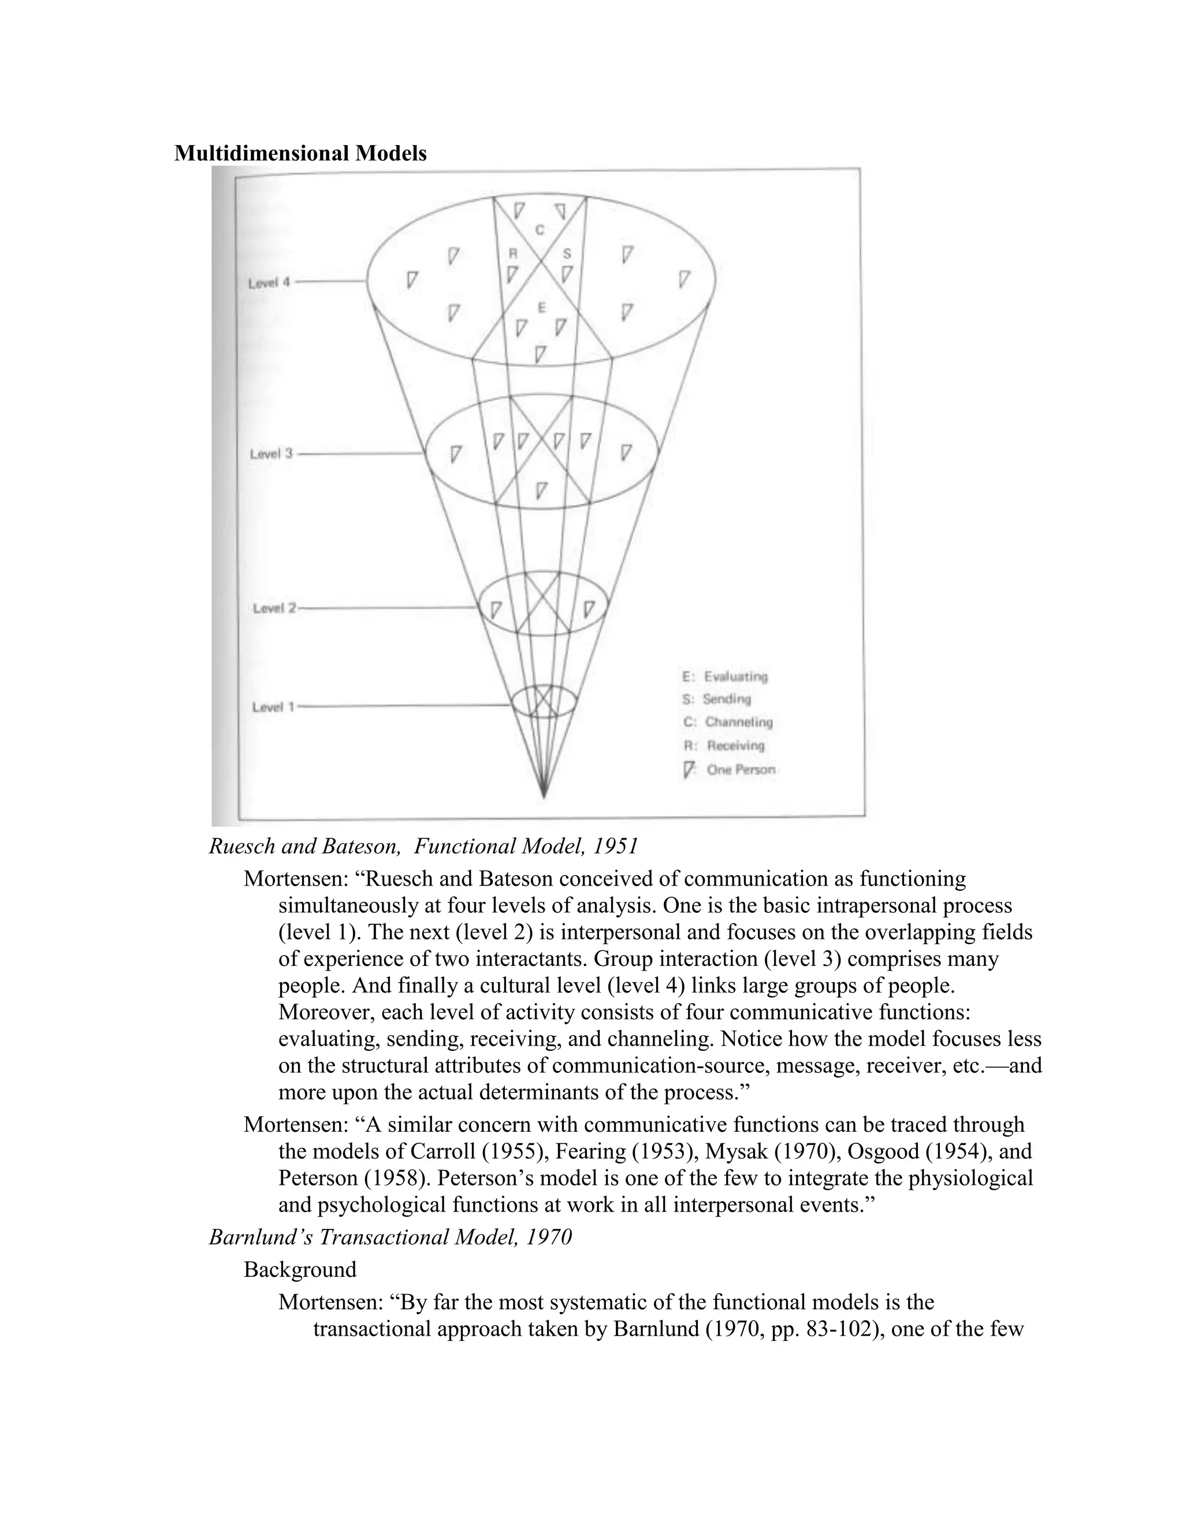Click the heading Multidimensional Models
click(300, 154)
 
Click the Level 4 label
click(269, 283)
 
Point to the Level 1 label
click(273, 707)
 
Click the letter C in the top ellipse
click(540, 229)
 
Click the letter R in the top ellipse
click(512, 254)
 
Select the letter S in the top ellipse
click(567, 254)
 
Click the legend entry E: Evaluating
click(725, 677)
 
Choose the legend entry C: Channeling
click(727, 722)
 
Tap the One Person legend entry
click(730, 770)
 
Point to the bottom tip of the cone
click(544, 796)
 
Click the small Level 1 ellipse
click(544, 701)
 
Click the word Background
click(300, 1269)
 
